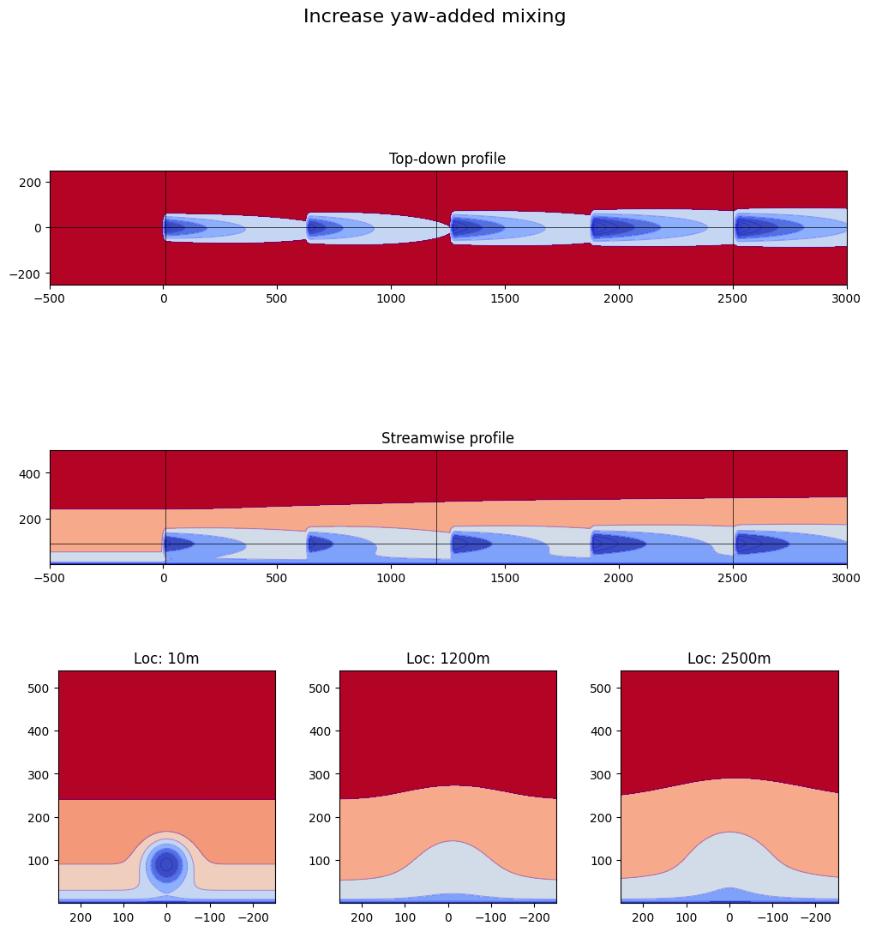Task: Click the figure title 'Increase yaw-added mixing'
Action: [435, 16]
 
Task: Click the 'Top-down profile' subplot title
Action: [447, 159]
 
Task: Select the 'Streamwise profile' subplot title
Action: [447, 438]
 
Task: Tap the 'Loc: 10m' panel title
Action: [166, 658]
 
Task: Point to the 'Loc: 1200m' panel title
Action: [447, 658]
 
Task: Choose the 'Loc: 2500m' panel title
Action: [729, 658]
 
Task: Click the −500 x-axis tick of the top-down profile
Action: [50, 301]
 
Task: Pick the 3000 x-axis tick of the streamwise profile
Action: [846, 580]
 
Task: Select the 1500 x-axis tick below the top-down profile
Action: [505, 301]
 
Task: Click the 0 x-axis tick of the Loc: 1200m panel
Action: [447, 918]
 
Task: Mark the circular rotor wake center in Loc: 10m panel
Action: [166, 864]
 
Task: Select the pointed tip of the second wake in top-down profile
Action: [449, 228]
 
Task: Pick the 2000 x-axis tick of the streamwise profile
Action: [618, 580]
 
